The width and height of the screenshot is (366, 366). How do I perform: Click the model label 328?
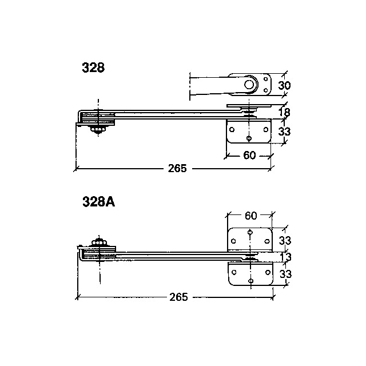(93, 67)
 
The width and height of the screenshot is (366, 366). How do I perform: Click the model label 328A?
(99, 202)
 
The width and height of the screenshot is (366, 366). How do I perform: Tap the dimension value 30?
(284, 85)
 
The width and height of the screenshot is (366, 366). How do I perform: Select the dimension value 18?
(285, 113)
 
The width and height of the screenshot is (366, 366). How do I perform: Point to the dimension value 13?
(285, 257)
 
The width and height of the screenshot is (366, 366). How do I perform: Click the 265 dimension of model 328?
(177, 168)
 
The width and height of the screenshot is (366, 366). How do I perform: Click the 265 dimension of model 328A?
(178, 297)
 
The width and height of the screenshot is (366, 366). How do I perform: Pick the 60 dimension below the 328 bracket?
(249, 155)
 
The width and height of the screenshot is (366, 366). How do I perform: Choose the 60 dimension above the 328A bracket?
(251, 216)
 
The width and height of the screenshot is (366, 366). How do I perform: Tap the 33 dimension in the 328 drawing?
(284, 132)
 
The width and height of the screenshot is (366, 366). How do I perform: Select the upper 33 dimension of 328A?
(285, 240)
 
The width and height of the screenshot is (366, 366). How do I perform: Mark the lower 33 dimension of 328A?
(285, 274)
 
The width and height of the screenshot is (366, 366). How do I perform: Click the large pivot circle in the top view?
(249, 84)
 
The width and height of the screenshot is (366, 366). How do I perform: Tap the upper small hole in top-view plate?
(265, 79)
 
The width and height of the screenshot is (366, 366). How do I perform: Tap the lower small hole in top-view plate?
(265, 90)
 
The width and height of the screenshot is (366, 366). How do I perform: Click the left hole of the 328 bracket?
(232, 130)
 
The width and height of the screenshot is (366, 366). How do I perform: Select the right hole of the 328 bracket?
(265, 130)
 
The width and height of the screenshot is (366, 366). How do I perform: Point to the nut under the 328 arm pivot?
(98, 130)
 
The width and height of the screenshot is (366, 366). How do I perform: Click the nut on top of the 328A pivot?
(100, 242)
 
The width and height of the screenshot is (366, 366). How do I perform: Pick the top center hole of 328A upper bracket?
(250, 232)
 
